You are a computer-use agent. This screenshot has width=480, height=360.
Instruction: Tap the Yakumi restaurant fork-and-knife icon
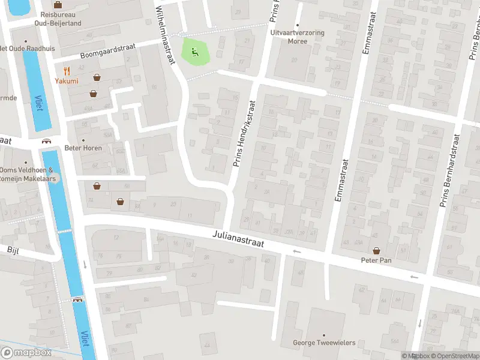[x=67, y=70]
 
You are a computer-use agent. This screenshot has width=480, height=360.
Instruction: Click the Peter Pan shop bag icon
[x=376, y=251]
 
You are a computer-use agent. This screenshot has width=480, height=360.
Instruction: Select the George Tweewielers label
[x=324, y=343]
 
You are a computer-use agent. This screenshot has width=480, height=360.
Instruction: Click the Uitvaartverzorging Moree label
[x=298, y=37]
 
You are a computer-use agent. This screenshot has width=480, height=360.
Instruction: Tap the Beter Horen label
[x=83, y=148]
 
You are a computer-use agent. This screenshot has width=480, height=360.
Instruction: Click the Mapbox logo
[x=26, y=353]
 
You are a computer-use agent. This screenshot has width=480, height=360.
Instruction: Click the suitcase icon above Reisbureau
[x=58, y=5]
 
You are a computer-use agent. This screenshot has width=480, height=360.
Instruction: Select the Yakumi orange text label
[x=67, y=81]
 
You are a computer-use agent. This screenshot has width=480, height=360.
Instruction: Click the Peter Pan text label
[x=376, y=260]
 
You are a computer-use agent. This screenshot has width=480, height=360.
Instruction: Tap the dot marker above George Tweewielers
[x=324, y=335]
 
